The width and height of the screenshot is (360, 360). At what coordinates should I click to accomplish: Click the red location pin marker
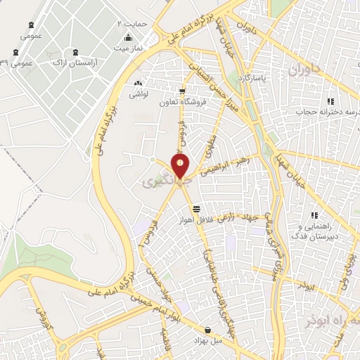tap(181, 166)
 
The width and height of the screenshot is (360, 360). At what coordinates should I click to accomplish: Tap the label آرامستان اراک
tap(75, 63)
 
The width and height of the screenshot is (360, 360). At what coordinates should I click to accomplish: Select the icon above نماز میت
tap(128, 38)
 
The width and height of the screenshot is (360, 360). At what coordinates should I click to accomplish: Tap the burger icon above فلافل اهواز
tap(196, 209)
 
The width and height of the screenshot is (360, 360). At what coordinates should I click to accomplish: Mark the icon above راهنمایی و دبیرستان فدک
tap(315, 216)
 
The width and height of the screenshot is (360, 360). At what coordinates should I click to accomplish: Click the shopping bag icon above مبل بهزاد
tap(207, 329)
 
